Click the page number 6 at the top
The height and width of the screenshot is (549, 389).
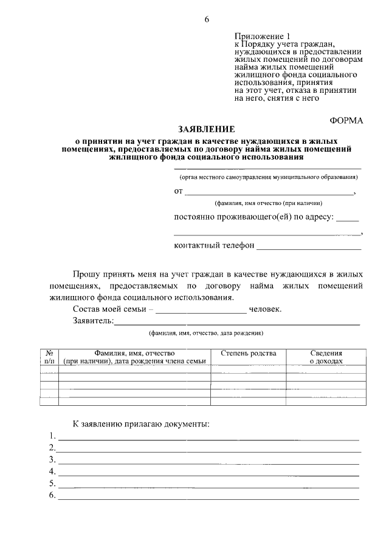tap(206, 19)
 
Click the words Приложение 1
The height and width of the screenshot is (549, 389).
tap(259, 36)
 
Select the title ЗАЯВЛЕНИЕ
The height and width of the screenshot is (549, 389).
tap(205, 129)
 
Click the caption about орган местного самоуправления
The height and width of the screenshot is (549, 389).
tap(268, 177)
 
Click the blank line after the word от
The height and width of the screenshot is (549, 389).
tap(269, 194)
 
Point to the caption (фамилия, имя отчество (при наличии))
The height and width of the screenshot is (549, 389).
tap(268, 203)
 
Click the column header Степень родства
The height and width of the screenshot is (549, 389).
tap(248, 353)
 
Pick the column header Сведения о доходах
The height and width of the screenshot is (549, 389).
tap(326, 357)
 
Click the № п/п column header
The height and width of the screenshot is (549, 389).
tap(49, 357)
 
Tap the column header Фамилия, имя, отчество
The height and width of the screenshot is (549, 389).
tap(134, 353)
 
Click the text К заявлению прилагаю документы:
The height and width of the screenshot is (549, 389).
tap(141, 423)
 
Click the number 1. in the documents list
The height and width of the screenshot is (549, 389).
tap(53, 436)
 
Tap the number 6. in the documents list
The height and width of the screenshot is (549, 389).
tap(53, 496)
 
